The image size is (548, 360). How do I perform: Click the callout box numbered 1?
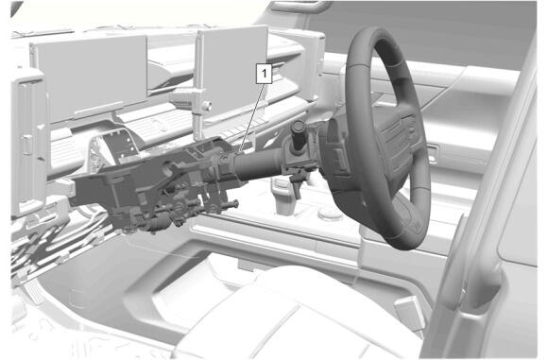(264, 74)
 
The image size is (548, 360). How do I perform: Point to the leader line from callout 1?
(251, 117)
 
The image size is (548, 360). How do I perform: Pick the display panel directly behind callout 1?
(232, 70)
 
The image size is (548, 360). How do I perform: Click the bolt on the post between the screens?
(207, 106)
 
